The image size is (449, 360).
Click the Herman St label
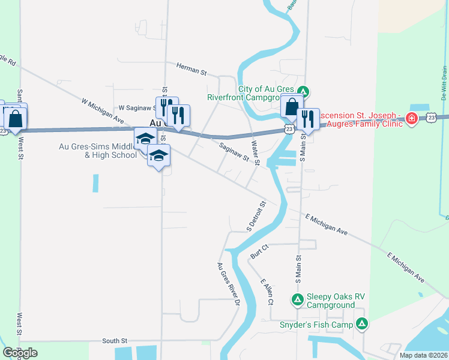(191, 70)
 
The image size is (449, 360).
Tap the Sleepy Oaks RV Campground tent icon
(297, 299)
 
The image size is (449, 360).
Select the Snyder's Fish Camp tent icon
(361, 324)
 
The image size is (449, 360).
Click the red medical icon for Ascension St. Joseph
(412, 118)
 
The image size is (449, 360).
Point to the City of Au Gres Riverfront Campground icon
(304, 92)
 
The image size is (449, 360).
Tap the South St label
(115, 341)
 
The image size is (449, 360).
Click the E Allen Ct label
(267, 290)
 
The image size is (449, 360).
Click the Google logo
(20, 353)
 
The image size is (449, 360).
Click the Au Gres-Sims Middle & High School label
(98, 150)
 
